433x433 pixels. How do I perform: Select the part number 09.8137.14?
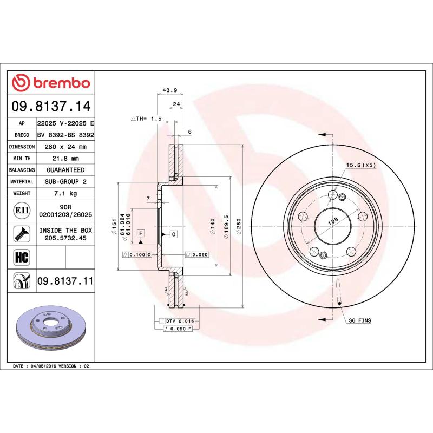click(53, 106)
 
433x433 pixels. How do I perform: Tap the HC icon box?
click(21, 255)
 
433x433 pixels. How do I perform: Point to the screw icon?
click(21, 233)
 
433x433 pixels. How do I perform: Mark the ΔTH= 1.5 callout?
click(146, 118)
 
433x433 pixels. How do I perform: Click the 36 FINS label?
click(360, 321)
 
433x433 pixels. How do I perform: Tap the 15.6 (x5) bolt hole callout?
click(361, 165)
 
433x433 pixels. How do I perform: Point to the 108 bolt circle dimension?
click(333, 220)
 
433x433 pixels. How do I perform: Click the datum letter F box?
click(141, 233)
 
